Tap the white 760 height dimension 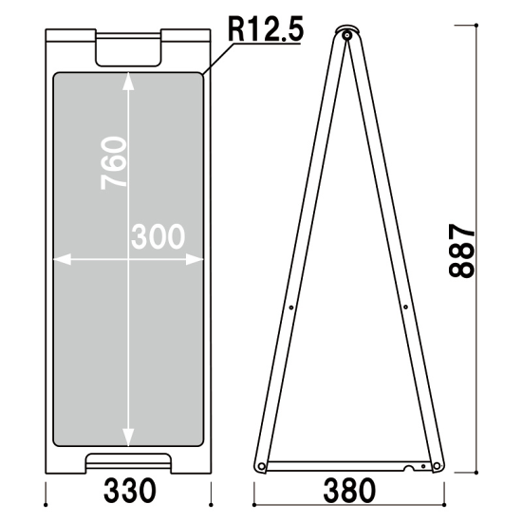pos(114,163)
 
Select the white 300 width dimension pos(158,236)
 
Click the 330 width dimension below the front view pos(129,491)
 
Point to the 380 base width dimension pos(349,491)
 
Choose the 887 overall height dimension pos(461,251)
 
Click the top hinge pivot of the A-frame pos(347,35)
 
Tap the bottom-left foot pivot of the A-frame pos(262,466)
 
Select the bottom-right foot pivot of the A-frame pos(437,466)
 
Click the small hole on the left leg pos(291,308)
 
